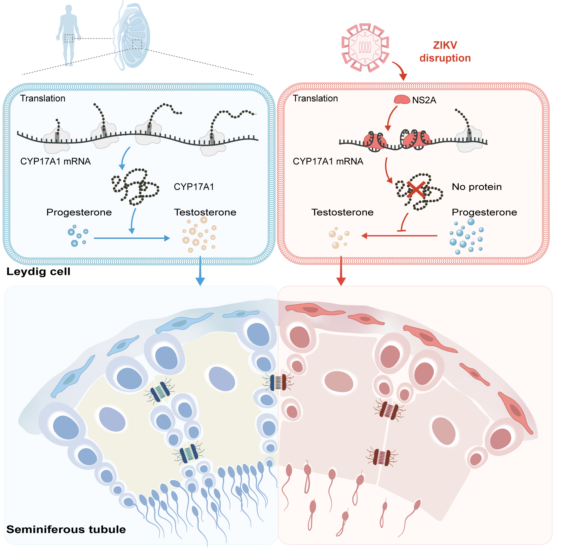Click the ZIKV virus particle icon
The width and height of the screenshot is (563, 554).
coord(365,48)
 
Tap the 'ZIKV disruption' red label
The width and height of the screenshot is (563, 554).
coord(445,52)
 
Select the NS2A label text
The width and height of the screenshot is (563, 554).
coord(424,100)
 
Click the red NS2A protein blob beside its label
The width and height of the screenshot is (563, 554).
coord(402,100)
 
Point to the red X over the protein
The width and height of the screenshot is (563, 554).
coord(416,190)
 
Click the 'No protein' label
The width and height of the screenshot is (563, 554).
coord(476,187)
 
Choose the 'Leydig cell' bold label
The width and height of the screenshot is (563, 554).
coord(38,272)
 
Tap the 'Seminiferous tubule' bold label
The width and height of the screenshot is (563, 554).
coord(66,529)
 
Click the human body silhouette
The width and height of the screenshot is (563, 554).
coord(69,35)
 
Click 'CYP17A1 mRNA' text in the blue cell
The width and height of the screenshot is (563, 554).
coord(56,161)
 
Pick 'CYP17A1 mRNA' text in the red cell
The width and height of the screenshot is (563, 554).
coord(328,161)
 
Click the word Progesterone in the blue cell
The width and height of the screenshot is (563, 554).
coord(79,212)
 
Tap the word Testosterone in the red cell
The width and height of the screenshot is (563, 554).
coord(342,212)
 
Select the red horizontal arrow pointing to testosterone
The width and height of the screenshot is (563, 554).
coord(400,236)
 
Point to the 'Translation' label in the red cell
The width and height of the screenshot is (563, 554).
coord(315,98)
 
